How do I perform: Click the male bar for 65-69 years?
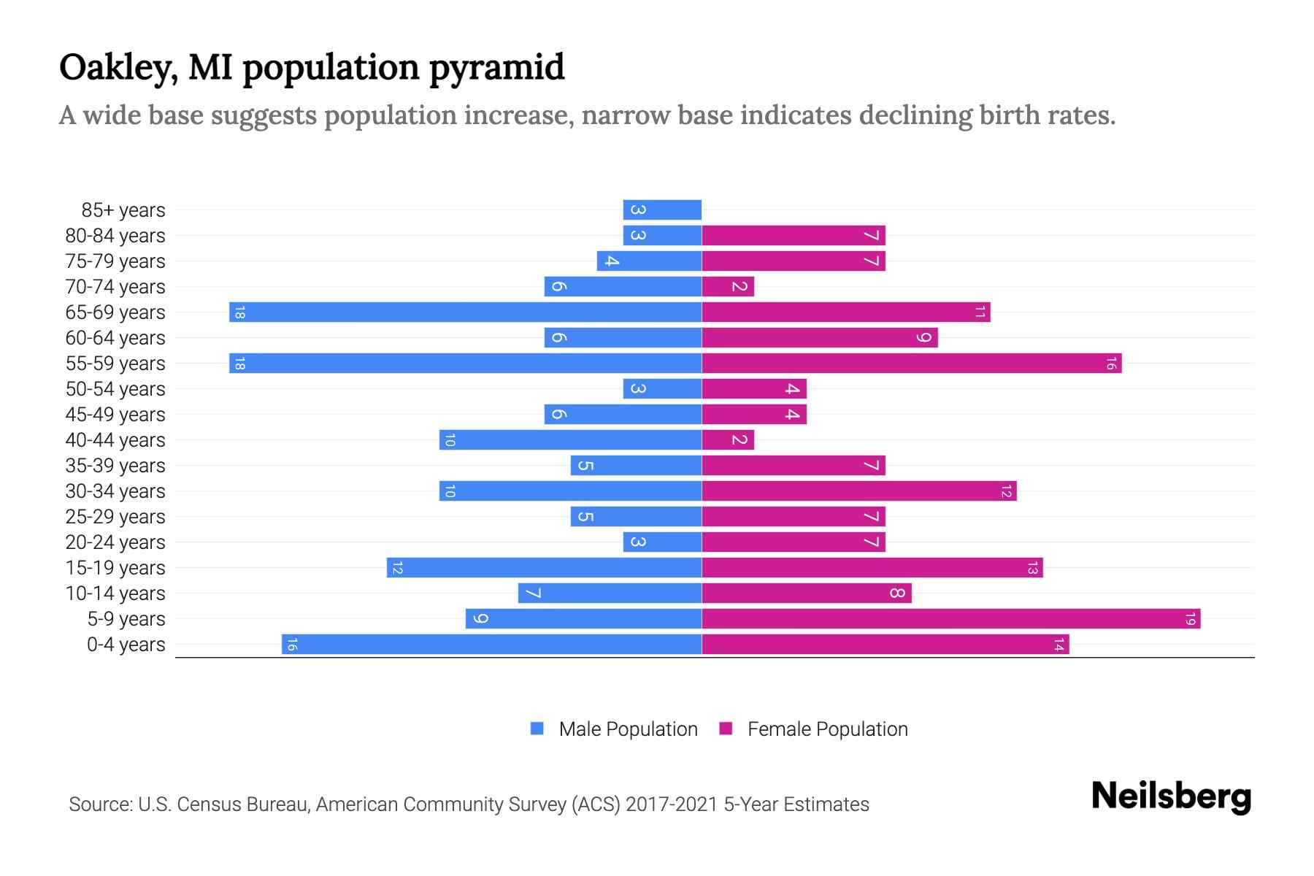pyautogui.click(x=465, y=312)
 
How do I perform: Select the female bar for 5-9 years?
pyautogui.click(x=950, y=619)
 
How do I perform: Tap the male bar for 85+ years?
pyautogui.click(x=662, y=210)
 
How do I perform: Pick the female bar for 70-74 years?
pyautogui.click(x=728, y=287)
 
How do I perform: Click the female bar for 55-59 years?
pyautogui.click(x=911, y=364)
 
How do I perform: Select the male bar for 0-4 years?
pyautogui.click(x=491, y=645)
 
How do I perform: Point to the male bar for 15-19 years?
pyautogui.click(x=544, y=568)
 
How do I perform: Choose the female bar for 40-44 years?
pyautogui.click(x=728, y=440)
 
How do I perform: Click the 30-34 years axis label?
pyautogui.click(x=115, y=491)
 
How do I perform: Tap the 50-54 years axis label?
pyautogui.click(x=115, y=389)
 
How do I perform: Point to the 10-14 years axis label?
pyautogui.click(x=115, y=593)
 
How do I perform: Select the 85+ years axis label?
pyautogui.click(x=123, y=210)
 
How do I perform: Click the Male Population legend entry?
pyautogui.click(x=628, y=729)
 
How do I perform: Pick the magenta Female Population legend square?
pyautogui.click(x=726, y=729)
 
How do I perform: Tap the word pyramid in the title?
pyautogui.click(x=496, y=68)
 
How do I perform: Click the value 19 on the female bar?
pyautogui.click(x=1190, y=619)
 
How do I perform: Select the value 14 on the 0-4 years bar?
pyautogui.click(x=1058, y=645)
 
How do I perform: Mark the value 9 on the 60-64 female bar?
pyautogui.click(x=924, y=338)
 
